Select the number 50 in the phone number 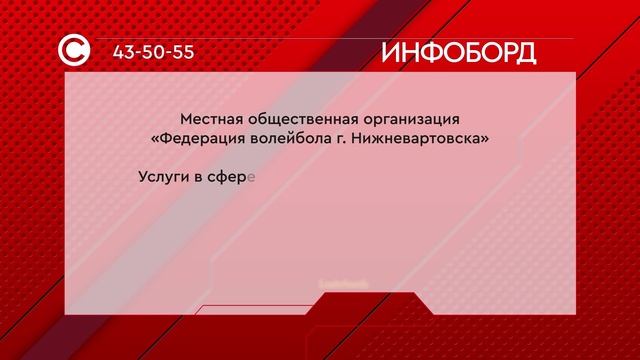(155, 52)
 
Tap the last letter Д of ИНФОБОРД (523, 52)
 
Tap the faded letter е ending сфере (253, 180)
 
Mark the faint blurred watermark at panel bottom (344, 283)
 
